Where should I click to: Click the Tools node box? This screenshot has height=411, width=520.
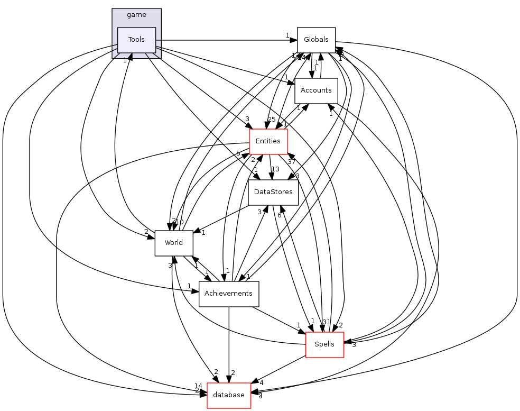[x=136, y=40]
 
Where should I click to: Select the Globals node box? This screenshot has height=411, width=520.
[x=316, y=40]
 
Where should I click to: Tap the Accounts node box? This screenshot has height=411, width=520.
[x=315, y=90]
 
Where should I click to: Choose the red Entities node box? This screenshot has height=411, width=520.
[x=268, y=141]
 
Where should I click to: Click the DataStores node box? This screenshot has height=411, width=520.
[x=273, y=192]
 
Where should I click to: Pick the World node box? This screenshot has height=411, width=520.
[x=173, y=243]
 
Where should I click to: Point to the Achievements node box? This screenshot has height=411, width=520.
[x=228, y=294]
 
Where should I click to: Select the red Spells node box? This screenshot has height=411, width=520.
[x=324, y=344]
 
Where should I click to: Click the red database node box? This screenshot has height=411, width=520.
[x=228, y=395]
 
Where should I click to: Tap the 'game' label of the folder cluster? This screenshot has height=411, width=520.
[x=136, y=15]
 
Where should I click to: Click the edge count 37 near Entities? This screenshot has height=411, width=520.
[x=291, y=161]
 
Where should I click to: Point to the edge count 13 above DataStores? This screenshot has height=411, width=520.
[x=275, y=169]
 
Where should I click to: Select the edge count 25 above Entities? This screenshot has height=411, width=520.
[x=272, y=120]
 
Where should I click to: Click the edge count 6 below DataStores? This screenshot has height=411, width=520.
[x=279, y=215]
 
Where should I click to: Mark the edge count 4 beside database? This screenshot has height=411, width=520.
[x=261, y=382]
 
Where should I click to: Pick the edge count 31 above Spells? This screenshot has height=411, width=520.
[x=326, y=322]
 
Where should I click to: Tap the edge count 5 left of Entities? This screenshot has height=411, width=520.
[x=238, y=153]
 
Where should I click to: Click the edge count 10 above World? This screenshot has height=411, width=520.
[x=179, y=222]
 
